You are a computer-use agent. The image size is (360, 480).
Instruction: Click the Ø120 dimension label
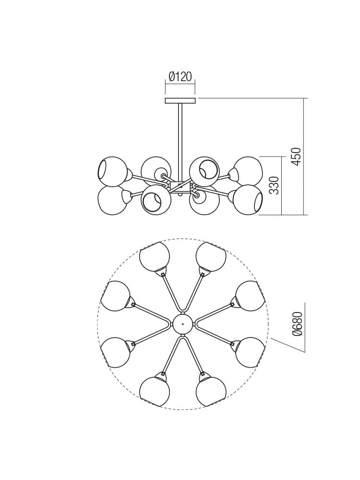point(180,77)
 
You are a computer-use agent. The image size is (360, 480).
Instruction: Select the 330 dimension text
point(274,185)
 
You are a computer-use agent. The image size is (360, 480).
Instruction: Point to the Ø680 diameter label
point(298,324)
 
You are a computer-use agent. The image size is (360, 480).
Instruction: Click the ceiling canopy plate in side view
point(180,101)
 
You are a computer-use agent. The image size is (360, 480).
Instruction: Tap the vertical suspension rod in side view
point(180,139)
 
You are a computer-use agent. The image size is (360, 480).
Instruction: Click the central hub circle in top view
point(183,324)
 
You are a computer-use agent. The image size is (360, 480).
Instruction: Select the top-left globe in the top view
point(154,256)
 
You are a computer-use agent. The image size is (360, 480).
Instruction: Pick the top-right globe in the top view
point(211,256)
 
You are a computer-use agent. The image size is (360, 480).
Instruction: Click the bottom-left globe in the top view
point(154,392)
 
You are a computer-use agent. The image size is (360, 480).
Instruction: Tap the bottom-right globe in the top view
point(211,392)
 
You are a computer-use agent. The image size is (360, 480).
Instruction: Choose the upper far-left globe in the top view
point(115,296)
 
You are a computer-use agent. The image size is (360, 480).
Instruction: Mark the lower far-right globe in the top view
point(251,352)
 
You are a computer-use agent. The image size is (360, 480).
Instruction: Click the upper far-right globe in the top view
point(251,296)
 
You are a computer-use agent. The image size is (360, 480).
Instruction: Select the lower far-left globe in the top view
point(115,352)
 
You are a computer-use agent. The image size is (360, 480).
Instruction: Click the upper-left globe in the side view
point(112,171)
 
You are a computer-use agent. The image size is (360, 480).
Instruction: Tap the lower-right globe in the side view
point(248,200)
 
